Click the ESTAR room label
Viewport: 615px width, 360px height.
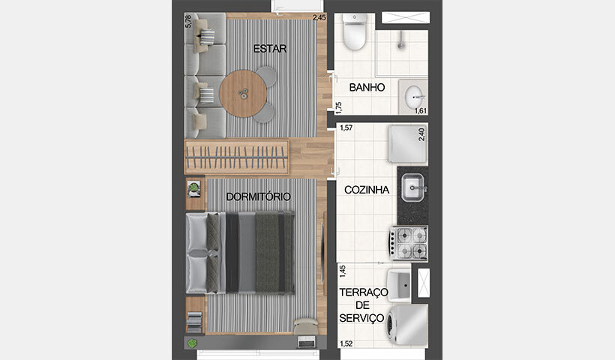pyautogui.click(x=271, y=49)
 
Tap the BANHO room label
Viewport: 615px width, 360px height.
pyautogui.click(x=367, y=88)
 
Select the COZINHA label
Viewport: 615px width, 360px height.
pyautogui.click(x=367, y=190)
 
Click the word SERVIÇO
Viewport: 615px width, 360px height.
pyautogui.click(x=361, y=318)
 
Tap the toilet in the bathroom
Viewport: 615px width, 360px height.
pyautogui.click(x=355, y=31)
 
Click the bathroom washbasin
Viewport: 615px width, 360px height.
pyautogui.click(x=414, y=97)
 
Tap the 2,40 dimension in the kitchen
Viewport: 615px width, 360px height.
pyautogui.click(x=421, y=135)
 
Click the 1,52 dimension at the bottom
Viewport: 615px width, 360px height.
pyautogui.click(x=346, y=344)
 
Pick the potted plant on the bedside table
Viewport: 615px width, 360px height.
pyautogui.click(x=194, y=188)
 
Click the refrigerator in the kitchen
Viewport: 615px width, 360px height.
pyautogui.click(x=407, y=144)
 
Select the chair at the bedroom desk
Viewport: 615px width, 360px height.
pyautogui.click(x=305, y=326)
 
